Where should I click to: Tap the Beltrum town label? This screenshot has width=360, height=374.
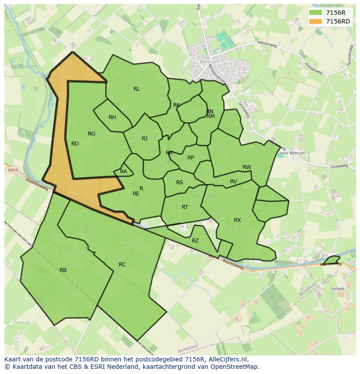coord(210,62)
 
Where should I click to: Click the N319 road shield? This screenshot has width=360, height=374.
coord(13,170)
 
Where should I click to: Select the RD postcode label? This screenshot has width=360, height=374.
coord(75,144)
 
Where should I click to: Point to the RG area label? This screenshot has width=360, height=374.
coord(91,134)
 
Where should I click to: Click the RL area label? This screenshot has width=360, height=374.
coord(137,89)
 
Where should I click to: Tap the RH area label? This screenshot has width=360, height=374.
coord(112,117)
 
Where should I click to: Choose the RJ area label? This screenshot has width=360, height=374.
coord(144,139)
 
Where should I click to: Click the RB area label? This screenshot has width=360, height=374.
coord(63,270)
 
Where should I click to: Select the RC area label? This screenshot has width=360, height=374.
coord(122,265)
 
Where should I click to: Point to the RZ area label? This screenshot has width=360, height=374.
coord(195,241)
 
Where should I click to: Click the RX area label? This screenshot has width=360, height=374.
coord(237,220)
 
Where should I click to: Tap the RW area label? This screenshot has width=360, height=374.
coord(247,167)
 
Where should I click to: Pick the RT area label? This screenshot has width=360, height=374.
coord(185,207)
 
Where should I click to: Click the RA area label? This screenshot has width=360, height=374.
coord(123,172)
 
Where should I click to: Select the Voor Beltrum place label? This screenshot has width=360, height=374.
coord(292,153)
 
